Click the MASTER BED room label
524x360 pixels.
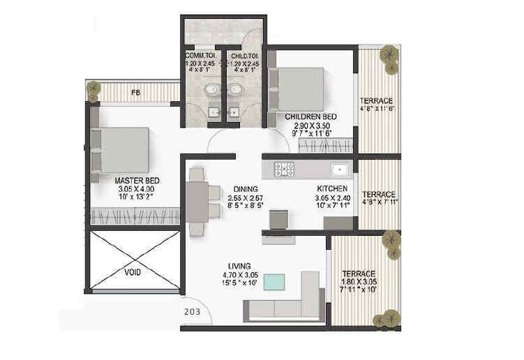(x=137, y=180)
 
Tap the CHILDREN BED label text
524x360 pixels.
(x=311, y=116)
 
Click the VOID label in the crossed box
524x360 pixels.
(x=134, y=272)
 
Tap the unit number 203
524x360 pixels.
(x=192, y=312)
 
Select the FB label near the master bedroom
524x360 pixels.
(x=135, y=91)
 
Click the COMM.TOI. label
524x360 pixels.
(x=200, y=55)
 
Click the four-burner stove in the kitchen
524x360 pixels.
(x=284, y=169)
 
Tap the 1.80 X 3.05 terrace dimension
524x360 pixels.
(x=359, y=281)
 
